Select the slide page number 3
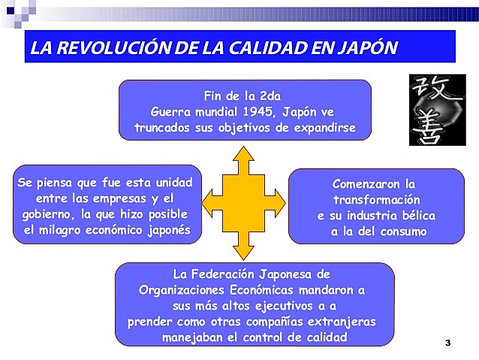tap(447, 343)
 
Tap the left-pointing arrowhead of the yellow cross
tap(211, 200)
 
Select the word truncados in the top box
tap(163, 128)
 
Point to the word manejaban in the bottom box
tap(193, 337)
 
